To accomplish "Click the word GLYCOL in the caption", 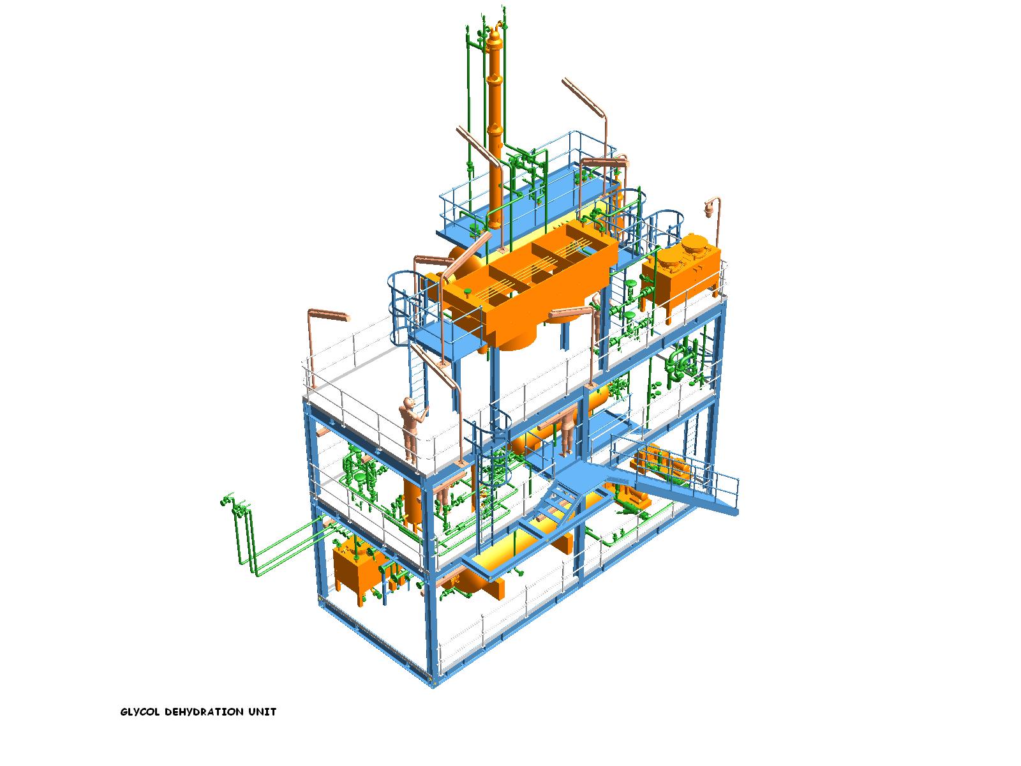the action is click(x=140, y=712).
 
